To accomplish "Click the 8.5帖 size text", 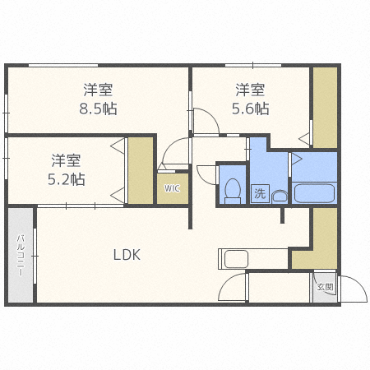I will click(98, 108).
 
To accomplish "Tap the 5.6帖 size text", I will click(252, 108).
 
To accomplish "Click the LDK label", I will click(127, 255).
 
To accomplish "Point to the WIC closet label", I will click(172, 188).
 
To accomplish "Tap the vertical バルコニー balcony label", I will click(20, 256).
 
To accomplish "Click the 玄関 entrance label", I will click(324, 288).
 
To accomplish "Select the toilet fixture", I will click(232, 190).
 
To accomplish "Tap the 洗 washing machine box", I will click(260, 194).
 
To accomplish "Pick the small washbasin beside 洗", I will click(279, 196).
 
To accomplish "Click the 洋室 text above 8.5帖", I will click(98, 89).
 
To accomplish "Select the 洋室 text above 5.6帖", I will click(252, 89).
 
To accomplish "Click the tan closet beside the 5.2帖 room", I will click(141, 170).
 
